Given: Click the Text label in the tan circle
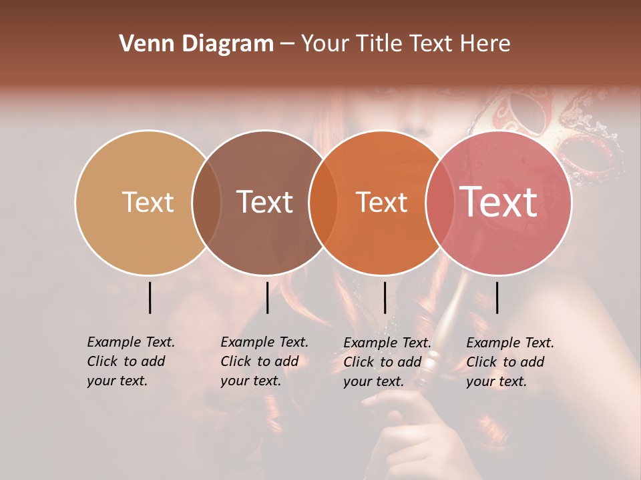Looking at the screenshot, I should coord(148,202).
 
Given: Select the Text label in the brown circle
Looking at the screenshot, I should coord(264,202).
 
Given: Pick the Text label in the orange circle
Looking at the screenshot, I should coord(381,202).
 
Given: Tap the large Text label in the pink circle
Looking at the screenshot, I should coord(499,202).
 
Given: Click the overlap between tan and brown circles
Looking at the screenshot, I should coord(206,202).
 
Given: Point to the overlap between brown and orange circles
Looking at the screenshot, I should coord(323,202).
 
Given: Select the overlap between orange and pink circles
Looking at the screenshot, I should coord(440,202).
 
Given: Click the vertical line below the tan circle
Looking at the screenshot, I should coord(150,297).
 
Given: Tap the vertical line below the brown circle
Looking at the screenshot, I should coord(267,297).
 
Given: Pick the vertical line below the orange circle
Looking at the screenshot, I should coord(385,297).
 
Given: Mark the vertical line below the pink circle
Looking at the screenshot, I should coord(497,297).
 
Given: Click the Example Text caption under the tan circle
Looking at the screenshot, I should coord(130,361).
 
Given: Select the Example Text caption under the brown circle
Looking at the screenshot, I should coord(264,361).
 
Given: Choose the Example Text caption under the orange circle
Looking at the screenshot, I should coord(387,362).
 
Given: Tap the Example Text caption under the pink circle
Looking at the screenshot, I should coord(509,362).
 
